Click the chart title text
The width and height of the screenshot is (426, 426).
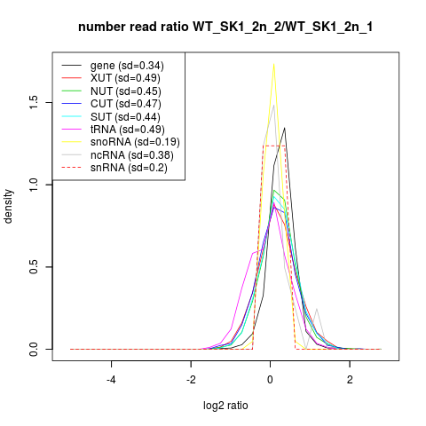click(x=225, y=28)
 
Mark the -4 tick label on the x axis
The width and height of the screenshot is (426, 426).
click(x=111, y=380)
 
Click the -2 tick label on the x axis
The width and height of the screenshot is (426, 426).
click(x=191, y=380)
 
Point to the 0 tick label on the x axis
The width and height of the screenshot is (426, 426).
click(x=270, y=380)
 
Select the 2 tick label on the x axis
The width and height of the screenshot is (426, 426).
click(x=350, y=380)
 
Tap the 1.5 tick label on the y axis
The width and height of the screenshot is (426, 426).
click(x=34, y=102)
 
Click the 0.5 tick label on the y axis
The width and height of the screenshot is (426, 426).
click(x=34, y=267)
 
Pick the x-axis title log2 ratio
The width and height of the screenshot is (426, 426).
click(x=225, y=406)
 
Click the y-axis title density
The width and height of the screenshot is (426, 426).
click(x=8, y=207)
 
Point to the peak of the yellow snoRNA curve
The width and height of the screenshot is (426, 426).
click(x=273, y=64)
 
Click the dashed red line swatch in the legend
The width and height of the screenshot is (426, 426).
click(x=71, y=168)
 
